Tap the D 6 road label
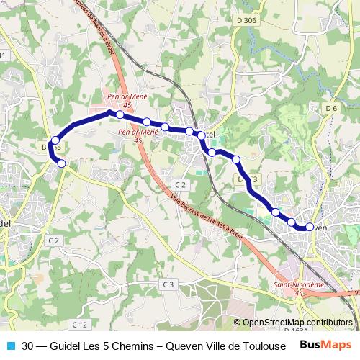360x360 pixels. pyautogui.click(x=330, y=108)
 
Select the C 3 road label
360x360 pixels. pyautogui.click(x=168, y=284)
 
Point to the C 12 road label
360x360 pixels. pyautogui.click(x=79, y=325)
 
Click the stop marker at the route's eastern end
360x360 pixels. pyautogui.click(x=310, y=227)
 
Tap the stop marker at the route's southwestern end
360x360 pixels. pyautogui.click(x=62, y=164)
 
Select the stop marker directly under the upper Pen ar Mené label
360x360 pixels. pyautogui.click(x=120, y=114)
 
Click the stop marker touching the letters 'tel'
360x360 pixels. pyautogui.click(x=199, y=134)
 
